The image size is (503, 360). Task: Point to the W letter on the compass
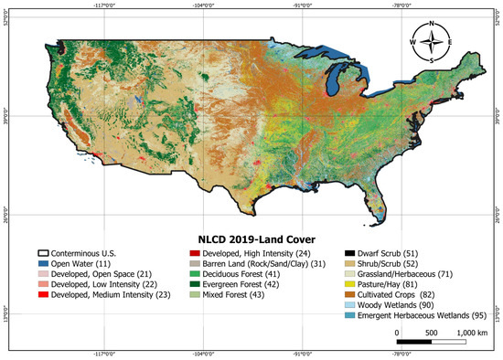click(x=413, y=42)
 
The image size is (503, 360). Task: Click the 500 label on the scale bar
click(x=431, y=333)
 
